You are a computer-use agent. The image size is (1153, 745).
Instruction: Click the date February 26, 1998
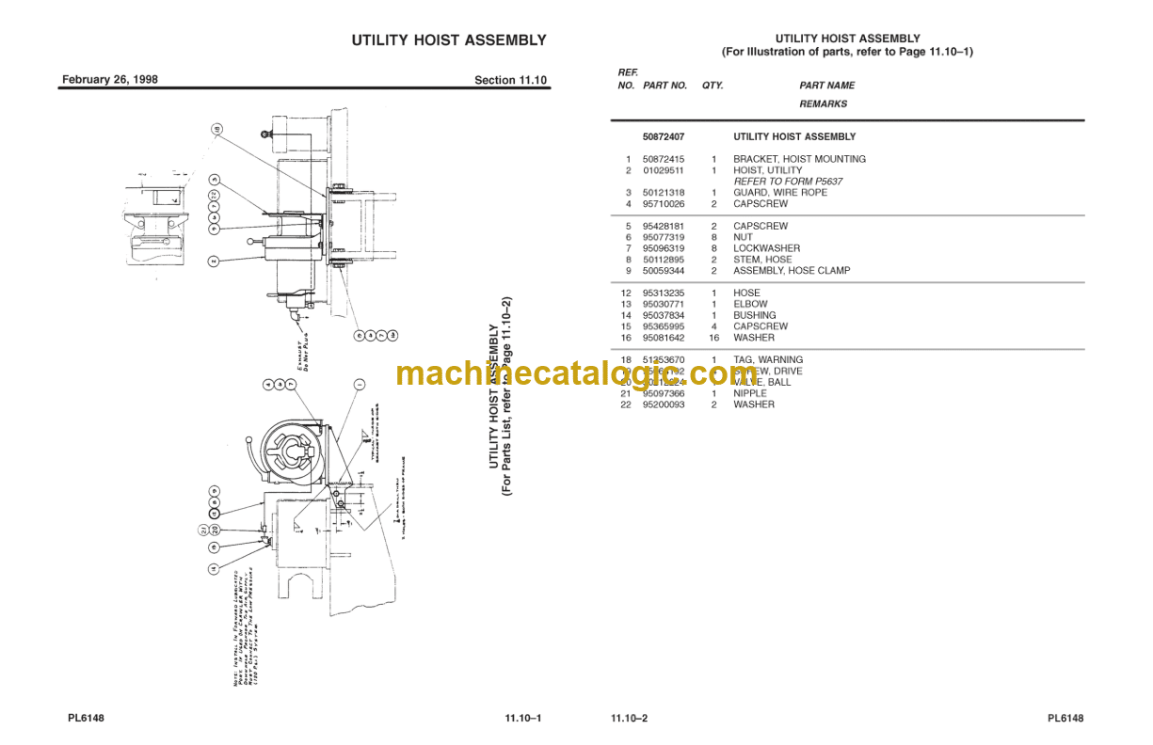coord(109,80)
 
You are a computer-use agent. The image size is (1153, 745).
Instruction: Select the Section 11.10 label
coord(510,80)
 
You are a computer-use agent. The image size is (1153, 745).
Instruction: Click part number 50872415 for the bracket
coord(664,159)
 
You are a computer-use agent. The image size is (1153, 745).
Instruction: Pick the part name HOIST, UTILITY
coord(768,170)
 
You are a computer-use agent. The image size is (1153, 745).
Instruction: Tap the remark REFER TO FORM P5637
coord(788,182)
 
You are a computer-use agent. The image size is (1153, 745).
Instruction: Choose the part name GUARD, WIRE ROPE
coord(780,193)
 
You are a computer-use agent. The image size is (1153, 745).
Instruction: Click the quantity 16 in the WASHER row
coord(713,338)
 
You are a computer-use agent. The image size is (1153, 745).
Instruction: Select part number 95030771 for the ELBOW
coord(664,305)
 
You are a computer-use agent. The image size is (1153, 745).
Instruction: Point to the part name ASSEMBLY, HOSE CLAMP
coord(792,271)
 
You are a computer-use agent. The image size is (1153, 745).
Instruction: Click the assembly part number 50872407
coord(664,137)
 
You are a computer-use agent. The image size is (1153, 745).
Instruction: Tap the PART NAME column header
coord(827,86)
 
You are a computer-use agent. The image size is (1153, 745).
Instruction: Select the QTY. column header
coord(713,86)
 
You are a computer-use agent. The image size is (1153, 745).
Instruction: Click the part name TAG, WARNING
coord(768,360)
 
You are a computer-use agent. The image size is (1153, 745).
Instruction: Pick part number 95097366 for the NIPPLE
coord(664,394)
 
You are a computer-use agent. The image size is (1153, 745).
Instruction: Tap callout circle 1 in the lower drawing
coord(360,385)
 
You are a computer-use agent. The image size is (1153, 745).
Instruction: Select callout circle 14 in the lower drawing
coord(215,568)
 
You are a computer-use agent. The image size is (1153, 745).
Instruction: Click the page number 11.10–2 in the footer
coord(629,719)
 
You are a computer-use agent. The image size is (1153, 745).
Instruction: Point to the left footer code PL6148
coord(86,719)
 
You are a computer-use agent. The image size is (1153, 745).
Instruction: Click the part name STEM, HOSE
coord(762,260)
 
